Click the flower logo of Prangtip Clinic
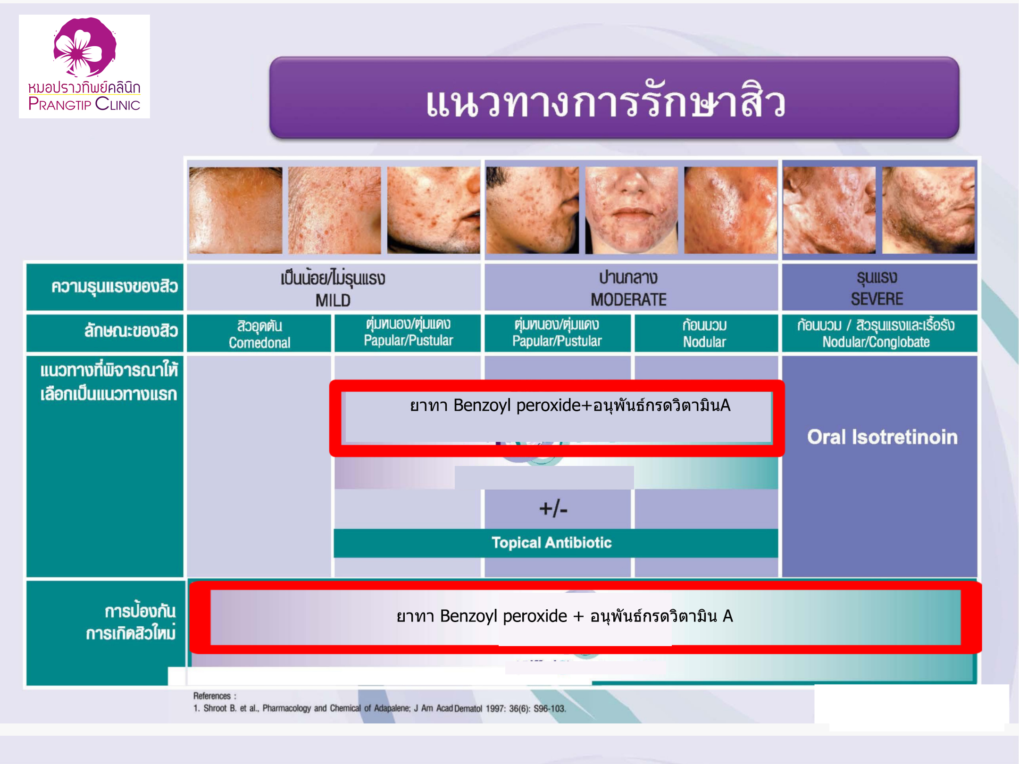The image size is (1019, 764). click(x=84, y=47)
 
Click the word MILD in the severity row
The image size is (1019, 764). click(x=333, y=300)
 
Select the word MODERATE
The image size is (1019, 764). click(x=628, y=299)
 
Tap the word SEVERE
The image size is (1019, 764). click(x=877, y=299)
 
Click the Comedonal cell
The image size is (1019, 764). click(x=259, y=333)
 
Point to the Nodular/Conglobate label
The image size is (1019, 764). click(x=876, y=342)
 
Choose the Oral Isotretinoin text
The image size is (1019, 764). click(x=882, y=437)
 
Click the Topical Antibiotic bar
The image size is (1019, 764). click(x=555, y=543)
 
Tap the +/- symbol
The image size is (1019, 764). click(x=553, y=509)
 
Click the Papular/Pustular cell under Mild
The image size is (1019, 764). click(x=408, y=332)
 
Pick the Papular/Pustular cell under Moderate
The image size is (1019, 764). click(x=557, y=333)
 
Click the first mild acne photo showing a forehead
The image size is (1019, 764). click(x=235, y=210)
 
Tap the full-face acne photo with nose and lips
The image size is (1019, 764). click(x=631, y=210)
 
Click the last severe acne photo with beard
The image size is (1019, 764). click(x=928, y=210)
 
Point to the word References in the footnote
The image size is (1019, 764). click(x=212, y=696)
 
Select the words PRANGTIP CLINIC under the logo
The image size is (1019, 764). click(x=84, y=104)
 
